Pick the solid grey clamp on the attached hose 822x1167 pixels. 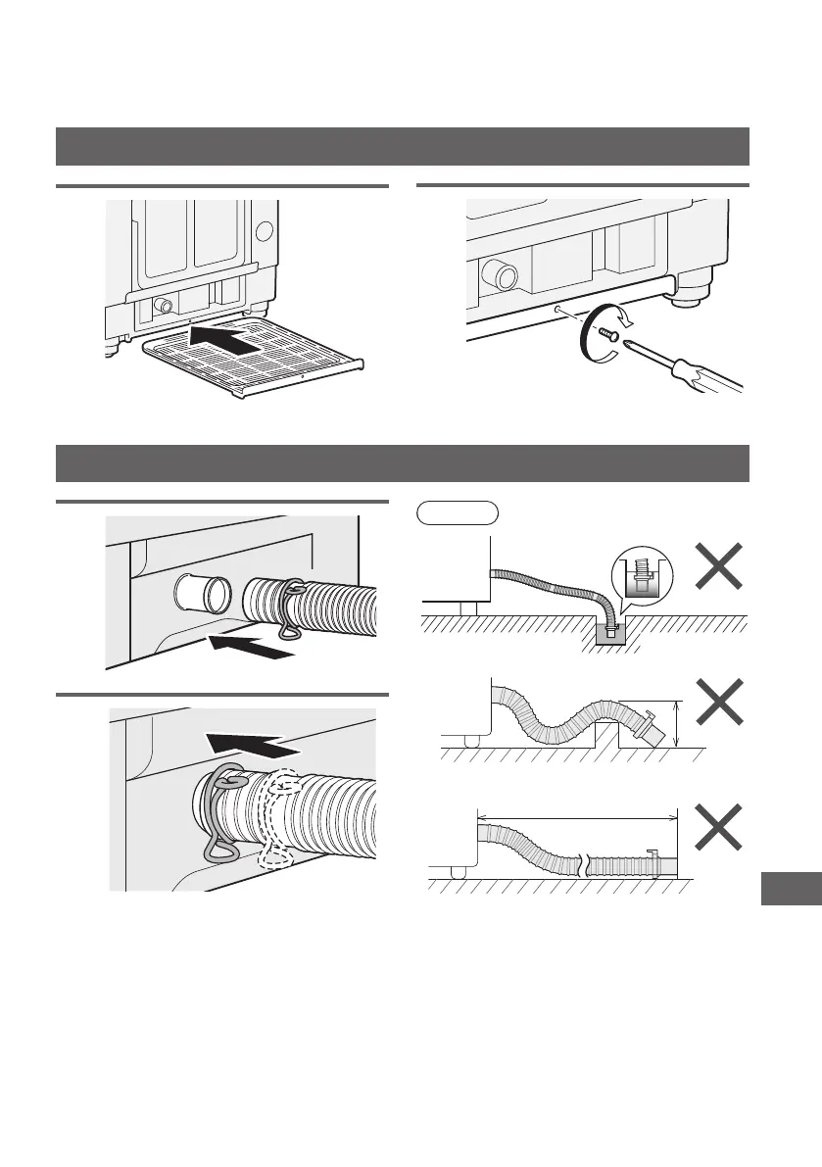[219, 812]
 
